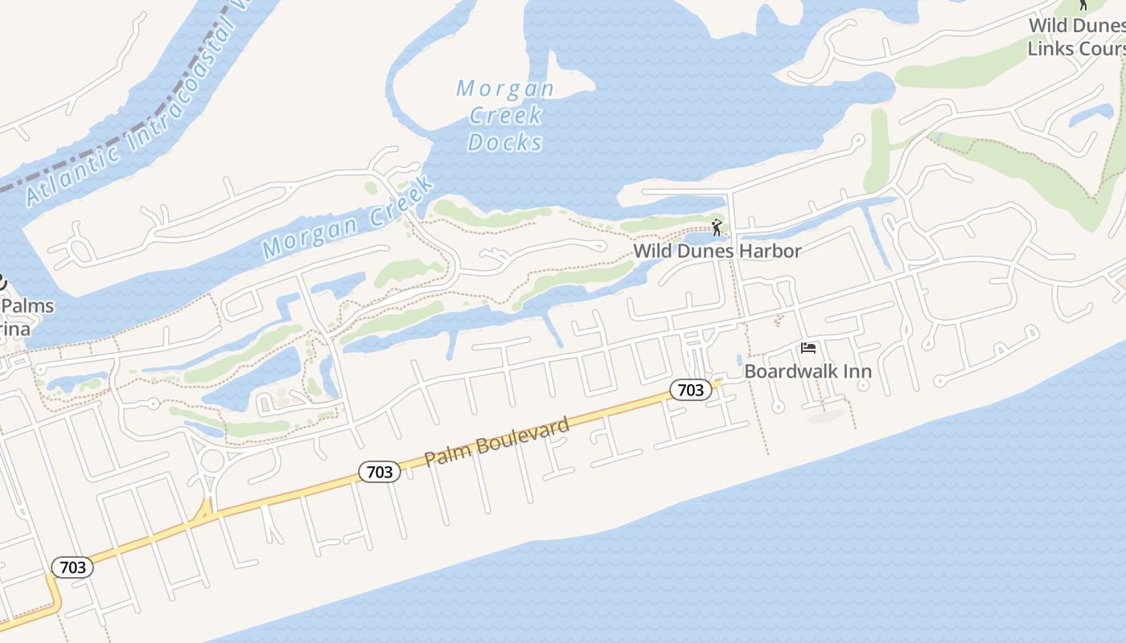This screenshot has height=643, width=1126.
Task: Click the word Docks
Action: pyautogui.click(x=505, y=142)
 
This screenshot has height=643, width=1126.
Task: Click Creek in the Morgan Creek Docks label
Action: pyautogui.click(x=505, y=116)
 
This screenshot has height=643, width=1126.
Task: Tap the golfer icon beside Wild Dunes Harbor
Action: pyautogui.click(x=717, y=227)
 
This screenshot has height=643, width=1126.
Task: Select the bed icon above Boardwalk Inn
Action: pyautogui.click(x=808, y=348)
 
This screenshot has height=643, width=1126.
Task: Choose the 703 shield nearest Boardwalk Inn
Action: pyautogui.click(x=690, y=391)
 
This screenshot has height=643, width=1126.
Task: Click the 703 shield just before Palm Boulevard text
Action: pyautogui.click(x=379, y=472)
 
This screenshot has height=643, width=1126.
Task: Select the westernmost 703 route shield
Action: pyautogui.click(x=72, y=567)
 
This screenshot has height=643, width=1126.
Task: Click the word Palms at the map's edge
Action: pyautogui.click(x=27, y=306)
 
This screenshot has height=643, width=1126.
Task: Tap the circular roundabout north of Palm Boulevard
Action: pyautogui.click(x=212, y=462)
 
